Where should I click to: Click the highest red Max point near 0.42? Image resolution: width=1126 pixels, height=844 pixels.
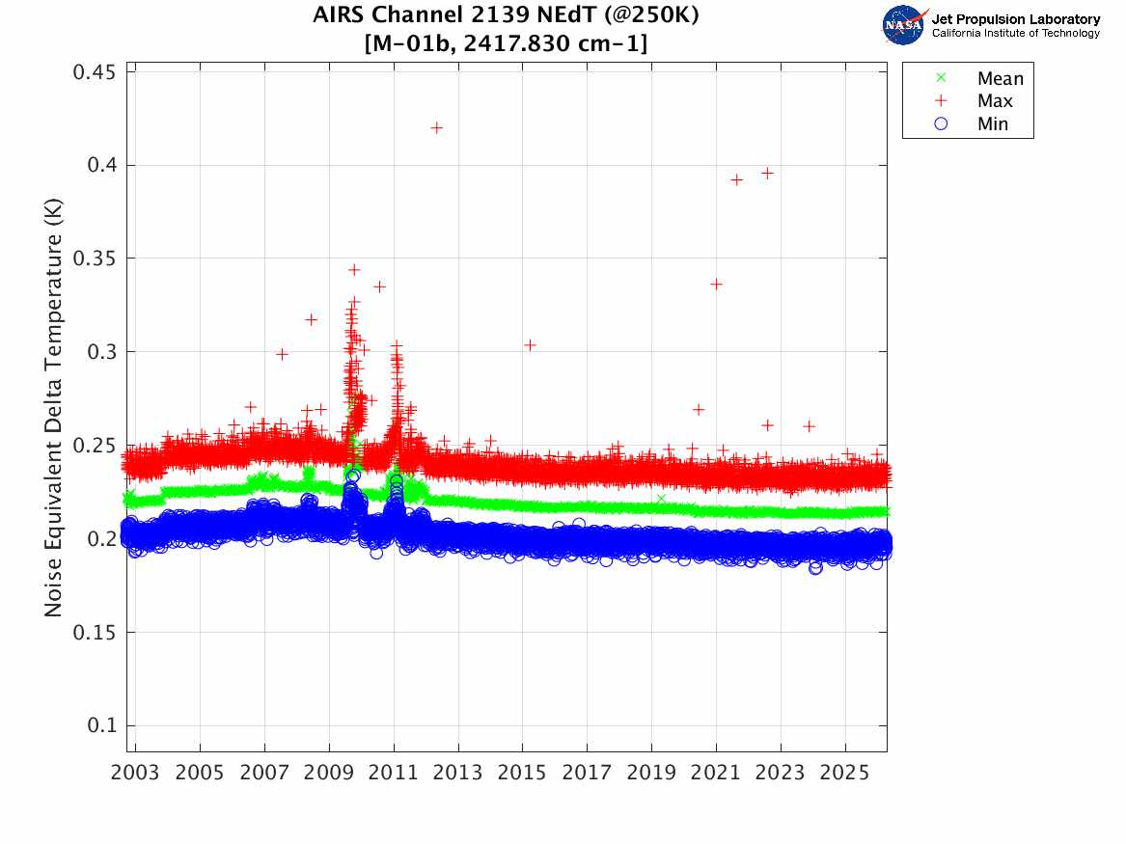(x=436, y=127)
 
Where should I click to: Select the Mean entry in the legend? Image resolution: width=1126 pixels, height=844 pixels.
(x=1000, y=79)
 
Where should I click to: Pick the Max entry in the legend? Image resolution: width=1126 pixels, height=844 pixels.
(x=994, y=101)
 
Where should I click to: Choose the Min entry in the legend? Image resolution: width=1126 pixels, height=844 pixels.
(x=992, y=123)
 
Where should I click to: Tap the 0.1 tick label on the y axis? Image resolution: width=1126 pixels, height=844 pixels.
(x=99, y=725)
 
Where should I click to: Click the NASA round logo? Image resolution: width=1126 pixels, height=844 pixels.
(x=903, y=25)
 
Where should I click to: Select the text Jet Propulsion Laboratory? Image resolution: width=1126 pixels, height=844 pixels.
(x=1015, y=19)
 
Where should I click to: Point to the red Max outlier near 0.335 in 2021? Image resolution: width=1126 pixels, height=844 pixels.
(x=716, y=284)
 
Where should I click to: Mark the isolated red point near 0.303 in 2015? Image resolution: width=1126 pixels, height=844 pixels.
(x=530, y=344)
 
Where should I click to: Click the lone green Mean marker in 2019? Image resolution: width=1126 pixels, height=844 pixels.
(x=661, y=499)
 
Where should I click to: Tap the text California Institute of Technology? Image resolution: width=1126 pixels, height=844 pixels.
(x=1015, y=34)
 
